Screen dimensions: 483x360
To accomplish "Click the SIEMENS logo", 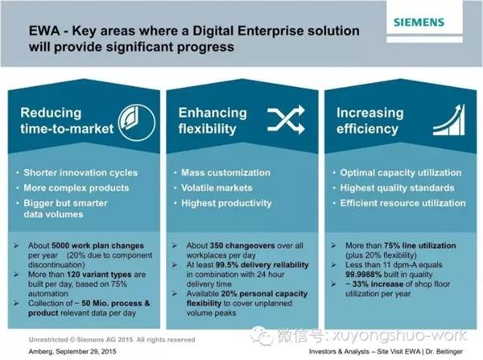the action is coord(419,23).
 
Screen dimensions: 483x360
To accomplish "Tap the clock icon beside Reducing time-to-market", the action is coord(137,122).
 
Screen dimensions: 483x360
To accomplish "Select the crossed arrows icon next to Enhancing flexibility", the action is coord(286,120).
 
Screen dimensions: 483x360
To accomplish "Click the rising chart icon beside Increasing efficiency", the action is coord(449,119).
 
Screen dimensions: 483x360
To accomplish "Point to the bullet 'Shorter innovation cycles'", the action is coord(80,172).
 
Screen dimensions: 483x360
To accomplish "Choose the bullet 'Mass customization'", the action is coord(225,172).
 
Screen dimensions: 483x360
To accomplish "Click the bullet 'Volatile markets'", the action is coord(217,188).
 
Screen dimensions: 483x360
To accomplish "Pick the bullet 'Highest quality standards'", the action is coord(397,188).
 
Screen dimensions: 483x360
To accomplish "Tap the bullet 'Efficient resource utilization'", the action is coord(402,203).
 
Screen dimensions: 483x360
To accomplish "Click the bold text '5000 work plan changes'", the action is coord(97,246).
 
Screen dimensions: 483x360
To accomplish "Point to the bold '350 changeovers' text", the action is coord(242,246).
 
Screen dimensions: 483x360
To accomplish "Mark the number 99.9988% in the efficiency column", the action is coord(364,275).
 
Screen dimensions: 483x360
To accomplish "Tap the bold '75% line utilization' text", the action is coord(420,246).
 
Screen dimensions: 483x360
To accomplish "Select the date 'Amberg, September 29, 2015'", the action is coord(72,351).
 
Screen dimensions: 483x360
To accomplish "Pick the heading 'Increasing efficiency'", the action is coord(369,121).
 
